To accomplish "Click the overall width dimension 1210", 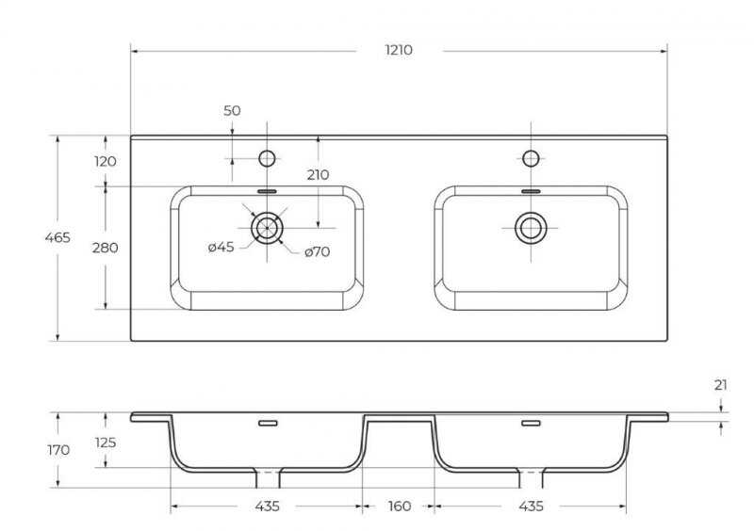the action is click(399, 50).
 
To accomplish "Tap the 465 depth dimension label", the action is click(57, 237).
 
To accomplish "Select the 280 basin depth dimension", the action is click(106, 248).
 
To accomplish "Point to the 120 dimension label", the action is click(106, 161).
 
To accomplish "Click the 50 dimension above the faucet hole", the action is click(232, 110).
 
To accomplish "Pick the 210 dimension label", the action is click(318, 175).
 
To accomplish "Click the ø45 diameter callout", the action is click(221, 247).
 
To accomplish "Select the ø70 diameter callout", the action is click(318, 251).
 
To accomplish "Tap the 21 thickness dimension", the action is click(720, 385).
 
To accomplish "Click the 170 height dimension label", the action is click(58, 450).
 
